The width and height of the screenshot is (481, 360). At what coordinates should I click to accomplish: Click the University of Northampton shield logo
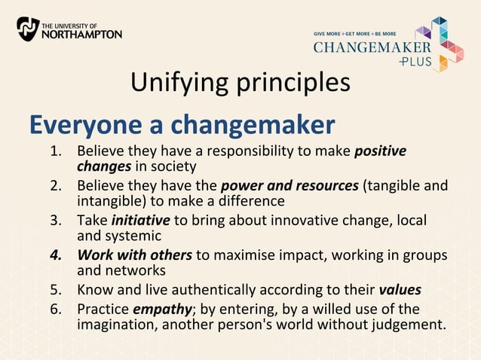coord(27,29)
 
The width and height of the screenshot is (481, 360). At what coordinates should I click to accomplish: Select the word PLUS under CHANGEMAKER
coord(415,62)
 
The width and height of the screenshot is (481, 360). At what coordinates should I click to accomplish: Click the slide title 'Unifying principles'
coord(240,82)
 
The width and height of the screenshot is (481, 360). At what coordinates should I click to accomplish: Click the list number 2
coord(55,185)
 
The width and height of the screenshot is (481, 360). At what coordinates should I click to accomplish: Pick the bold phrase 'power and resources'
coord(290,185)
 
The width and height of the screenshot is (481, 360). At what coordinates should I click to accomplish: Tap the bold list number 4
coord(55,255)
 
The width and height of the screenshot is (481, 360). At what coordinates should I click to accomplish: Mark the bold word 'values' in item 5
coord(400,291)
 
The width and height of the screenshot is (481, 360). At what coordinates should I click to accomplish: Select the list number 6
coord(55,309)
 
